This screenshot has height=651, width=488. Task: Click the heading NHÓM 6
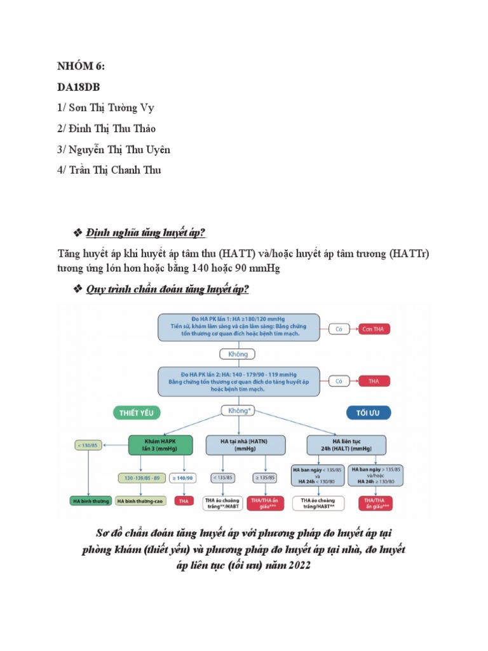coord(81,65)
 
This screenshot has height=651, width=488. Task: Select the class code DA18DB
coord(78,86)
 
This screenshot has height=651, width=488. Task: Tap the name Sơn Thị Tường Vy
coord(105,107)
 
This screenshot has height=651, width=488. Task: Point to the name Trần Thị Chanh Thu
coord(109,170)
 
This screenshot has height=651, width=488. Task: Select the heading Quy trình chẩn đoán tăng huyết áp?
coord(168,289)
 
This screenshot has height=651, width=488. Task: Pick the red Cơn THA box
coord(373,329)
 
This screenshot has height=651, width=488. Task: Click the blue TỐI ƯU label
coord(369,413)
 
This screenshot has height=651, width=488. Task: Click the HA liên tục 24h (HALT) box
coord(346,444)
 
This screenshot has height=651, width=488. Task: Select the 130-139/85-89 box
coord(139,477)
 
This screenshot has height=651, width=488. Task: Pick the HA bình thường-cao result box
coord(140,501)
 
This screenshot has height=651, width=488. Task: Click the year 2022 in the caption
coord(297,565)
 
